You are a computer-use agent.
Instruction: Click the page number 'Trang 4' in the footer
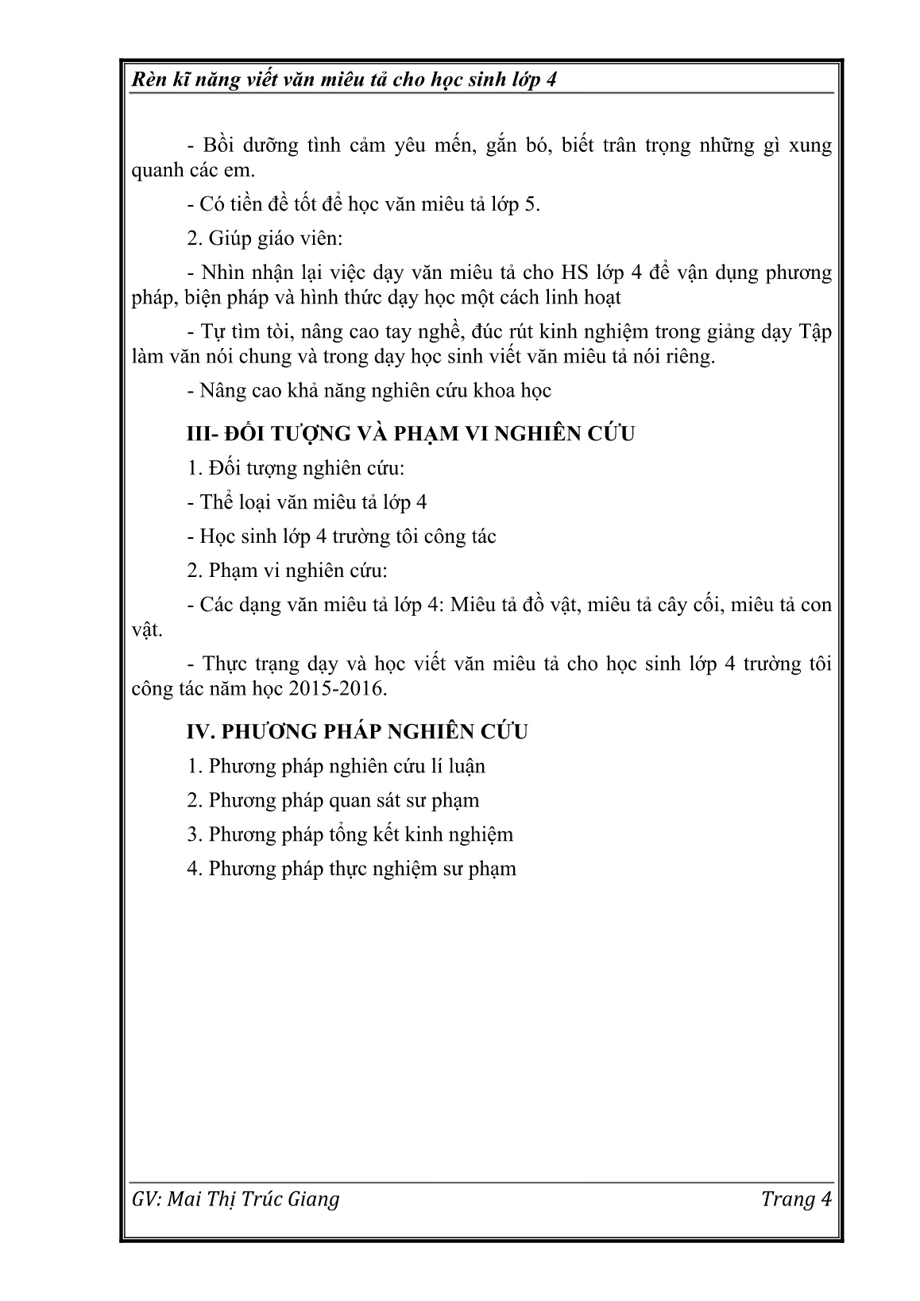(x=796, y=1199)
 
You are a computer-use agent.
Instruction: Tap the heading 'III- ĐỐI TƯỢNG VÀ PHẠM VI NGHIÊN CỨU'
(x=410, y=434)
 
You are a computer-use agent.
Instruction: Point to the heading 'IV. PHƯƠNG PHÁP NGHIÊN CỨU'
(x=357, y=731)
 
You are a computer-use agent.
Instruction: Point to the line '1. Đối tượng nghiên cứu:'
(x=296, y=468)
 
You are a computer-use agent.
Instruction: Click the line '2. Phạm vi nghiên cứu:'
(x=287, y=571)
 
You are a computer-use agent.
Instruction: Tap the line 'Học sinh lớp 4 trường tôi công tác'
(x=342, y=536)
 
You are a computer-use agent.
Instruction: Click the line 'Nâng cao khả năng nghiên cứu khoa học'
(x=369, y=391)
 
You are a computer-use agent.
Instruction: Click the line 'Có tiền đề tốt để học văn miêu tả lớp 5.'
(x=363, y=204)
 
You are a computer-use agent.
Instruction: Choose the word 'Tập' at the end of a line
(x=814, y=331)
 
